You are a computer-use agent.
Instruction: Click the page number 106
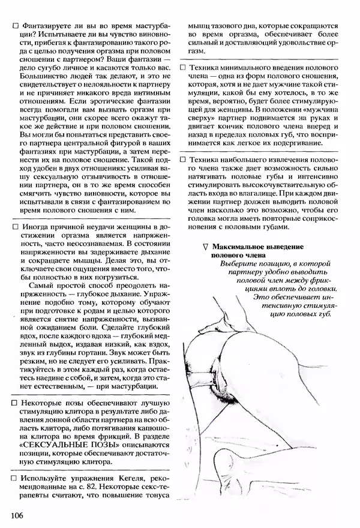(x=18, y=515)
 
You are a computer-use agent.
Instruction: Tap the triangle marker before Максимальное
(x=205, y=247)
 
